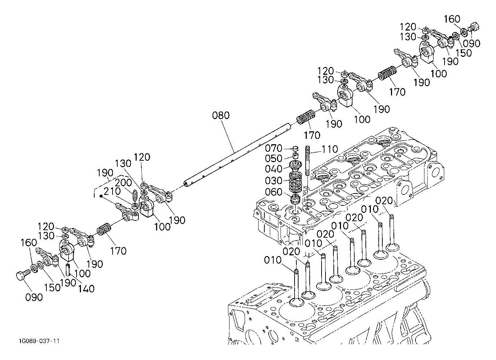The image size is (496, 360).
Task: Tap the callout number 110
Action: (x=330, y=149)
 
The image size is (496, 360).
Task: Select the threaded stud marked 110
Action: (x=308, y=162)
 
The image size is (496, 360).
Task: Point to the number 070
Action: (x=274, y=148)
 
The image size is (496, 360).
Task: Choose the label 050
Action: (x=274, y=159)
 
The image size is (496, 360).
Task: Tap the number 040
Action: (x=274, y=169)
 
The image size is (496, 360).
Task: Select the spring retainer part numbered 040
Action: (x=296, y=166)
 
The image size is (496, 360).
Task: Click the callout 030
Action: (x=274, y=180)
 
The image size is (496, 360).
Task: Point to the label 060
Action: (x=274, y=192)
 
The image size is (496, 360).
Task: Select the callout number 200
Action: (x=124, y=183)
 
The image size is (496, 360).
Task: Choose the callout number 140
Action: (x=86, y=288)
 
